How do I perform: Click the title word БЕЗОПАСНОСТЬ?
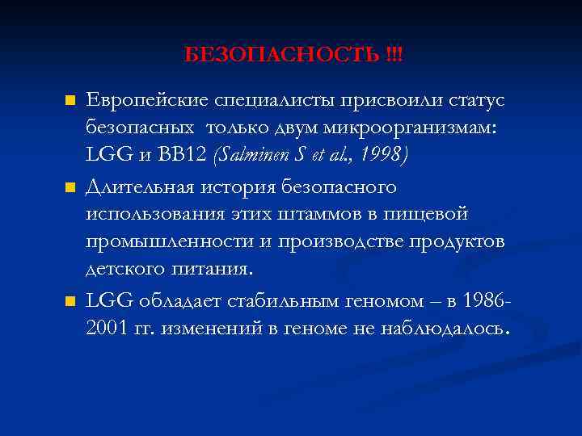(282, 55)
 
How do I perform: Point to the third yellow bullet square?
(70, 301)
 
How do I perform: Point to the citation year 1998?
(383, 153)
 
